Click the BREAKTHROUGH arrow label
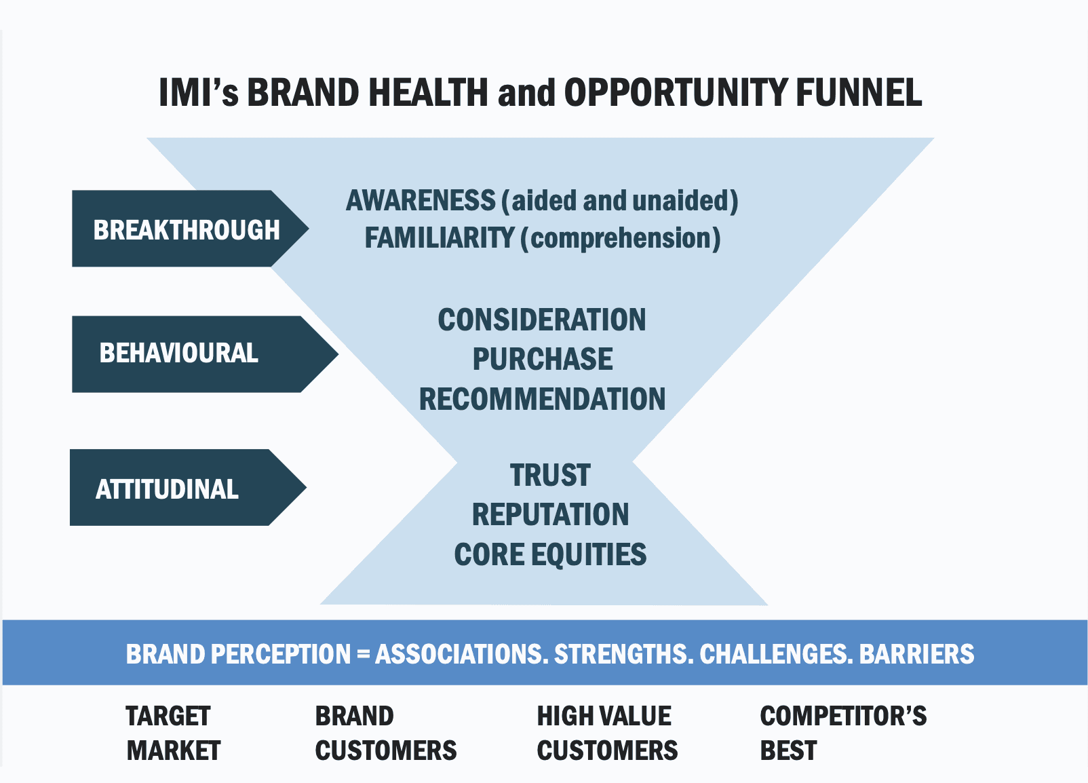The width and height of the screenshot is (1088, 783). click(x=186, y=229)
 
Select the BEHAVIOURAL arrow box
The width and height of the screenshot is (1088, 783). click(x=179, y=353)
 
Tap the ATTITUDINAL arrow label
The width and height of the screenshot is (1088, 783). click(x=167, y=489)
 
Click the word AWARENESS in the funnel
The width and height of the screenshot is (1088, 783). click(x=421, y=201)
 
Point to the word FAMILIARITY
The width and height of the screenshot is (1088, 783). click(x=440, y=238)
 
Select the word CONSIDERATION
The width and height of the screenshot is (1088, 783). click(x=542, y=320)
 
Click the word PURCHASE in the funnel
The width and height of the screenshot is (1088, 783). click(x=543, y=360)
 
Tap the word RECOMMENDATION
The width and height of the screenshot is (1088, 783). click(x=542, y=399)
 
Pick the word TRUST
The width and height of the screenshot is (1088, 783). click(x=550, y=476)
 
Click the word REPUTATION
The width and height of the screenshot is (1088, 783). click(x=550, y=515)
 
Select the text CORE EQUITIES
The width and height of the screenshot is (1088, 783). click(x=550, y=554)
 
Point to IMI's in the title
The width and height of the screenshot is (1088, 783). click(x=198, y=93)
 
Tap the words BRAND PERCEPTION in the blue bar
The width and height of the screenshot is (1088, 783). click(x=238, y=654)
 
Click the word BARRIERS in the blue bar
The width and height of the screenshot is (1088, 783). click(x=916, y=654)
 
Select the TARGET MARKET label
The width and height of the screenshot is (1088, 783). click(x=173, y=733)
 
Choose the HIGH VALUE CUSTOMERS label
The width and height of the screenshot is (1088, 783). click(x=607, y=733)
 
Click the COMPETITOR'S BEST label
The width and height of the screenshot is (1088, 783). click(x=842, y=733)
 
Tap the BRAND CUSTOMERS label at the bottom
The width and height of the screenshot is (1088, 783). click(x=385, y=733)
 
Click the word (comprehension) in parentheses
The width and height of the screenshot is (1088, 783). click(x=620, y=238)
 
